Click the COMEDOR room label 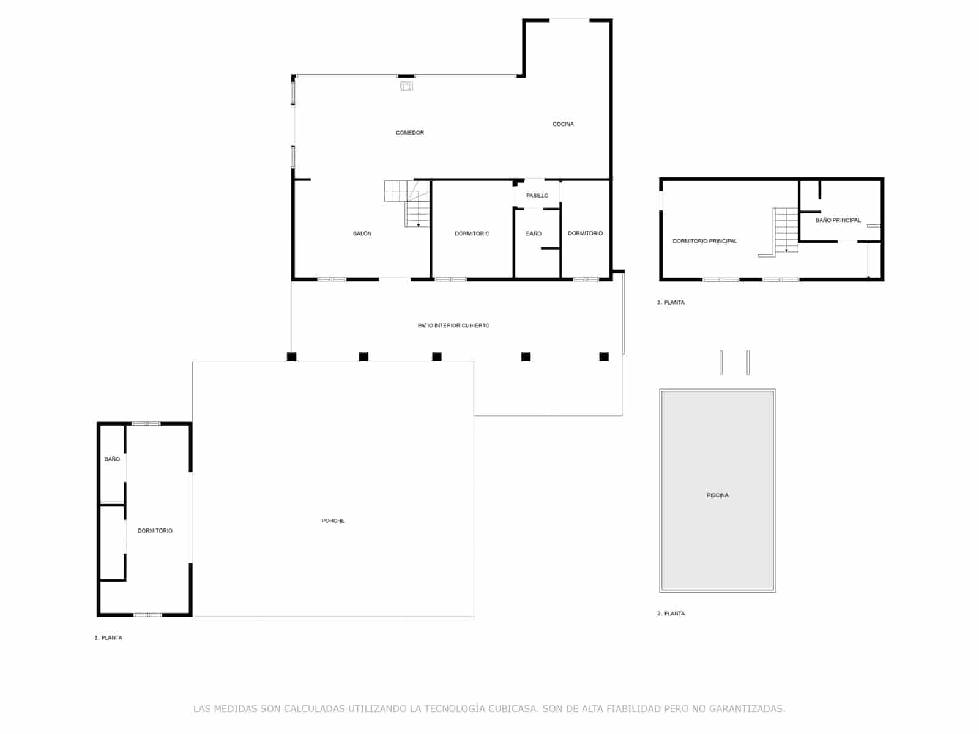tap(409, 133)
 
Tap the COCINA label tap(563, 124)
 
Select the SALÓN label tap(362, 234)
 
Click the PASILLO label tap(537, 196)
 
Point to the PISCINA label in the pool tap(717, 495)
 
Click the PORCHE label tap(333, 521)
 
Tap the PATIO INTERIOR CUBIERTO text tap(453, 325)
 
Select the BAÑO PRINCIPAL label tap(838, 220)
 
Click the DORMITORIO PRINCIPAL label tap(704, 241)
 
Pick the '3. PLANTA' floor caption tap(671, 303)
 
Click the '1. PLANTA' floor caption tap(108, 638)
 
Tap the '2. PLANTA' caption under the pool tap(671, 614)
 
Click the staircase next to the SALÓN tap(410, 202)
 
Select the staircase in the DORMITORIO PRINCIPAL tap(786, 229)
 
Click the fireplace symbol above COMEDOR tap(406, 86)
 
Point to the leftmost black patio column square tap(292, 357)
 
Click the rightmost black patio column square tap(604, 357)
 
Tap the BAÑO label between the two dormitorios tap(534, 234)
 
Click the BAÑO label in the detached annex tap(112, 459)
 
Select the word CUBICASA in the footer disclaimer tap(514, 709)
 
